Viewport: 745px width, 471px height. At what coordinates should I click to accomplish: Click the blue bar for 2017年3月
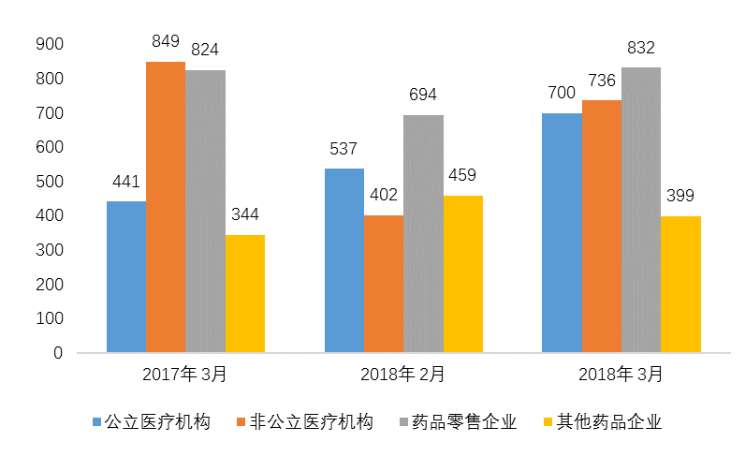(x=125, y=277)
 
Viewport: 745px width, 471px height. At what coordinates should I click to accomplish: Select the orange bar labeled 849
(x=165, y=207)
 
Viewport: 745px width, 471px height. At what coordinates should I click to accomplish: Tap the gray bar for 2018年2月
(x=423, y=234)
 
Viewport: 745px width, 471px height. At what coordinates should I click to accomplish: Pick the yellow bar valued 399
(x=680, y=285)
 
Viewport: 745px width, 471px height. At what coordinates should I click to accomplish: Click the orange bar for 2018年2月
(x=384, y=284)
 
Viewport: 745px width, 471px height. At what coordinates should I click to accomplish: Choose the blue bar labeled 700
(x=562, y=233)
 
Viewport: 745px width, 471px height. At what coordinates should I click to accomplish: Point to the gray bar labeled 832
(x=641, y=210)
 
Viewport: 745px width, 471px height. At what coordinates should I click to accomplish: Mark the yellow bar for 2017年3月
(x=244, y=294)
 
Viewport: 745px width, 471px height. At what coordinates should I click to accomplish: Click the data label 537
(x=344, y=150)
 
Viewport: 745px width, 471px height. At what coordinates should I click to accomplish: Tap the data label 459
(x=462, y=176)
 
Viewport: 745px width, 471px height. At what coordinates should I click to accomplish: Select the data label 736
(x=601, y=81)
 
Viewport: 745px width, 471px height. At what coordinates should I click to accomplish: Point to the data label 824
(x=204, y=51)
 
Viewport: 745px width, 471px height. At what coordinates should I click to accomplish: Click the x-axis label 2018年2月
(x=402, y=375)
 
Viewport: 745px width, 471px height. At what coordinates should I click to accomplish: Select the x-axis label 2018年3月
(x=621, y=375)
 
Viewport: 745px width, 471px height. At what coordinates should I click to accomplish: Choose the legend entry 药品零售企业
(x=477, y=422)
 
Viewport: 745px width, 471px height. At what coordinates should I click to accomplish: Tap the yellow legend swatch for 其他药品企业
(x=549, y=423)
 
